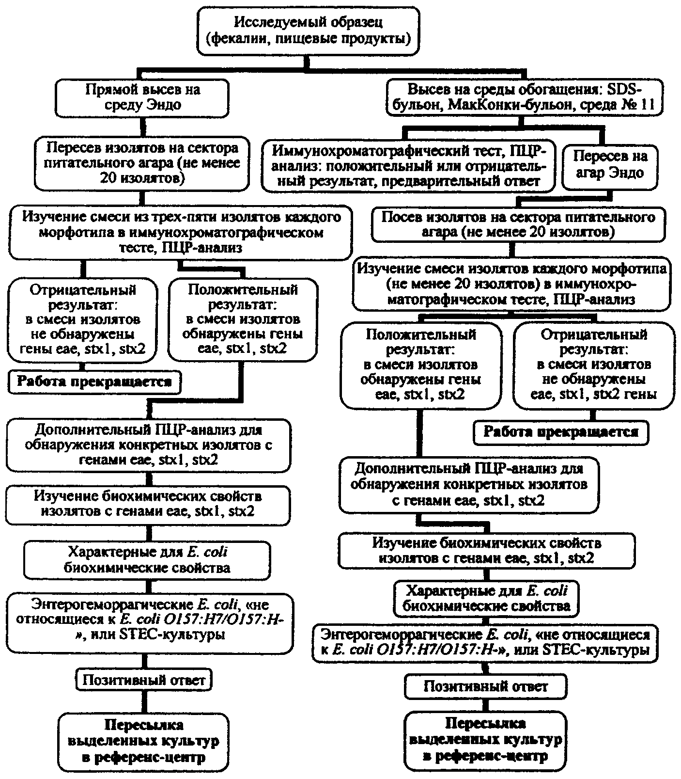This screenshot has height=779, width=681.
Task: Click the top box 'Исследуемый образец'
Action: tap(308, 30)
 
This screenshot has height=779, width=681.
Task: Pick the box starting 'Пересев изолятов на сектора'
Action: tap(141, 163)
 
